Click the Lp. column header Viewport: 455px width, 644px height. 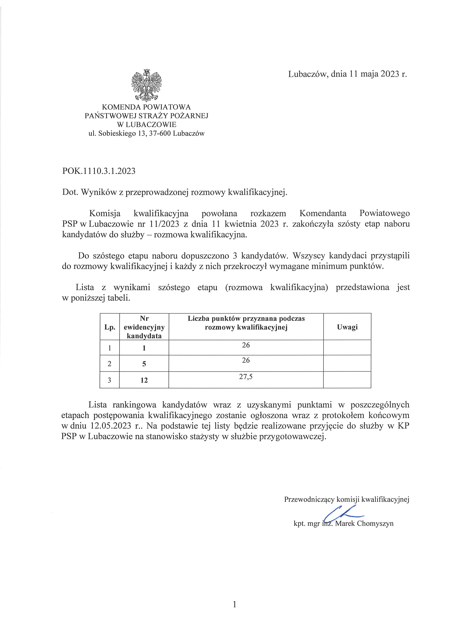pos(110,327)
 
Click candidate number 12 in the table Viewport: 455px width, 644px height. pos(144,380)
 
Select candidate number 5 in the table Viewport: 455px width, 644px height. pos(144,364)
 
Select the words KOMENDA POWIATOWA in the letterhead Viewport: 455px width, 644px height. pos(146,107)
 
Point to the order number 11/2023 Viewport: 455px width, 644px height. pos(165,224)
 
